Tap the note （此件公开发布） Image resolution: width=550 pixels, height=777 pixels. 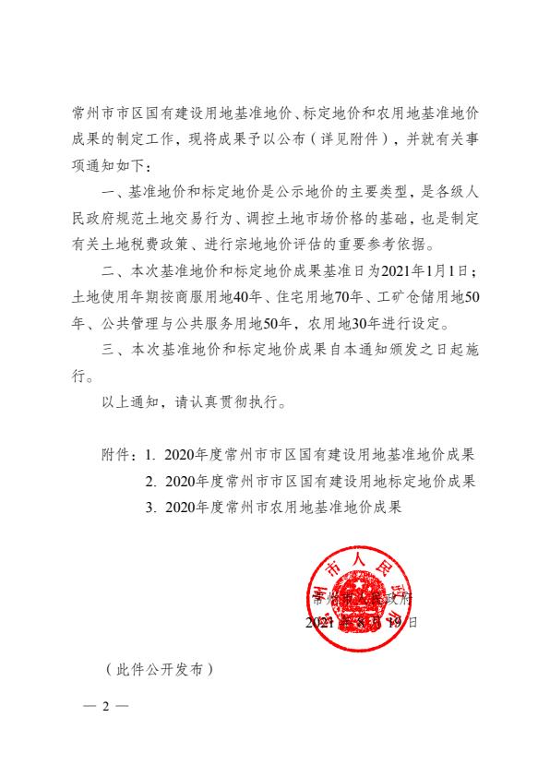(159, 669)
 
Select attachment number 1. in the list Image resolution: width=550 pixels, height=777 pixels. (151, 455)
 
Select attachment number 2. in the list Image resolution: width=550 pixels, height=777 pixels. (151, 481)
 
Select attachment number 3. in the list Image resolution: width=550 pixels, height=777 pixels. (151, 507)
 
